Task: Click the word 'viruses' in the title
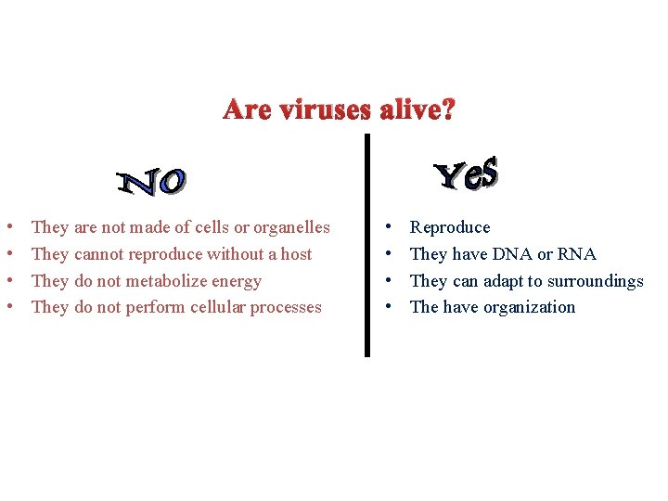click(x=325, y=110)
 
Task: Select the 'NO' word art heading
click(x=153, y=182)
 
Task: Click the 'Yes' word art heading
click(x=467, y=173)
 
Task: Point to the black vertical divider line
click(x=366, y=246)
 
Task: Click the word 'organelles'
click(x=289, y=227)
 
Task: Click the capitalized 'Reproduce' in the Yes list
click(x=450, y=227)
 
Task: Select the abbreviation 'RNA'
click(x=576, y=254)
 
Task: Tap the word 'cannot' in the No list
click(x=98, y=254)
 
